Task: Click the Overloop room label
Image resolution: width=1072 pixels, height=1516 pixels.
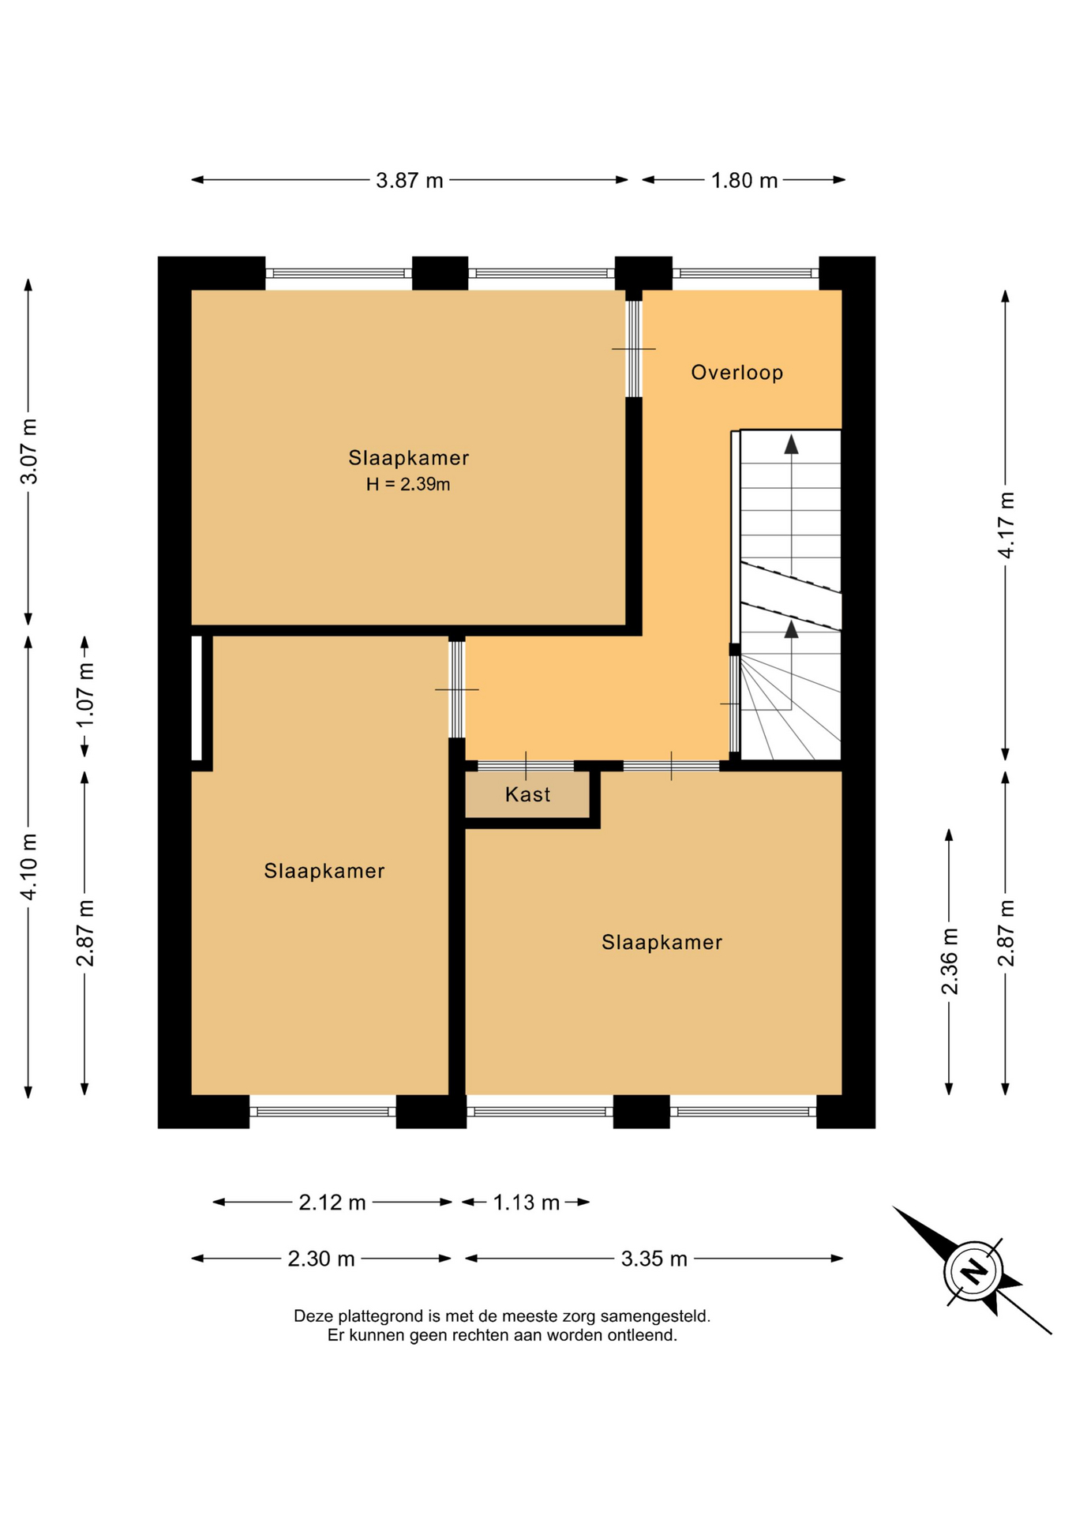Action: point(737,373)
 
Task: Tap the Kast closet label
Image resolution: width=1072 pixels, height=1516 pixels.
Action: point(527,794)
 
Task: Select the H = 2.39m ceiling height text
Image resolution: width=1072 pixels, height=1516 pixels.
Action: point(408,484)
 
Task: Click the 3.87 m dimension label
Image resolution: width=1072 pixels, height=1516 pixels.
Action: point(409,181)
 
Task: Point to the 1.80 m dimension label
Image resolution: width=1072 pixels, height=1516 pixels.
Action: point(744,181)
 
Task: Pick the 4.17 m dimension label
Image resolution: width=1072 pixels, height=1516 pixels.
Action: point(1006,525)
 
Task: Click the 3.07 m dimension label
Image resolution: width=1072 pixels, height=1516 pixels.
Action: point(28,452)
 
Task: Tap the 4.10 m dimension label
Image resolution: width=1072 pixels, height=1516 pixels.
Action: point(28,867)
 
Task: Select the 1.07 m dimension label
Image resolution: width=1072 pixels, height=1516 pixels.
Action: point(85,696)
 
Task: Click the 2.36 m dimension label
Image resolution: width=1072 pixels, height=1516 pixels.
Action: point(950,961)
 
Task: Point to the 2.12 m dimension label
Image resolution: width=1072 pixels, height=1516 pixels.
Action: point(332,1203)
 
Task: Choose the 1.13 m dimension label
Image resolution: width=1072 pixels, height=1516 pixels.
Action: point(526,1203)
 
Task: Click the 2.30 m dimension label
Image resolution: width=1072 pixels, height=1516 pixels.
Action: point(320,1259)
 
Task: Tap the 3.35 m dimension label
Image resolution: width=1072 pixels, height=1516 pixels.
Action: point(654,1259)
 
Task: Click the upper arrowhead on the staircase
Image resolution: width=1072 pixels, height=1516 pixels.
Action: point(791,445)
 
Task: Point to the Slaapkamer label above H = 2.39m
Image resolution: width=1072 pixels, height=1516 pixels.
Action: point(409,458)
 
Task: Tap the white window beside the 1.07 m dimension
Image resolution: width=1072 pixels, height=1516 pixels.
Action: point(197,698)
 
